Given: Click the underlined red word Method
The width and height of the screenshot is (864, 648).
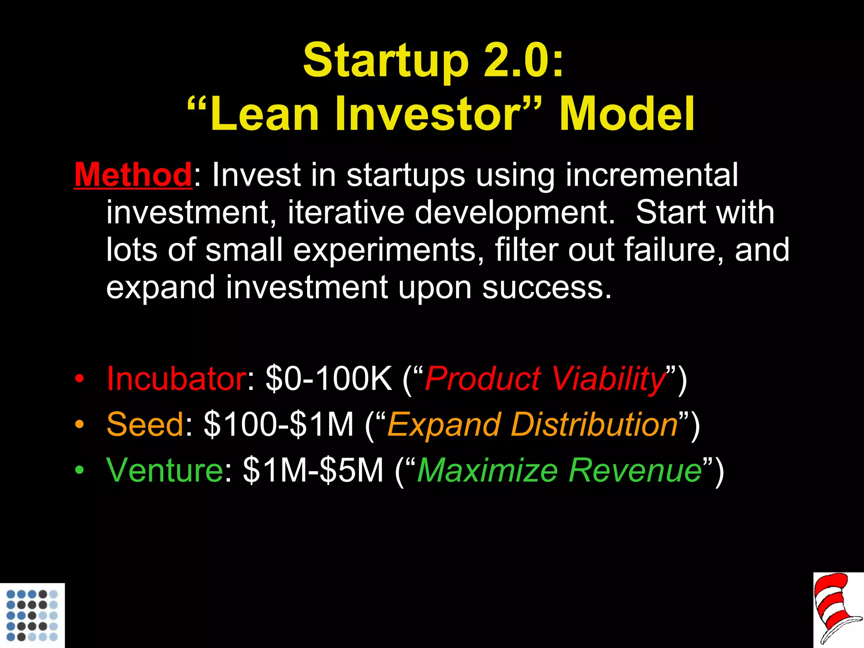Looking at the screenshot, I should click(133, 175).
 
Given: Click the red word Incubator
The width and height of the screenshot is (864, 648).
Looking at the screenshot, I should click(176, 378).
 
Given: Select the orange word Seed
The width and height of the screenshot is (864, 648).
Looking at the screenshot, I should click(145, 424).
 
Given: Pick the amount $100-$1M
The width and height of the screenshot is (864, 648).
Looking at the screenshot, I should click(278, 424).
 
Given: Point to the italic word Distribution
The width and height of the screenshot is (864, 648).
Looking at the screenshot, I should click(594, 424).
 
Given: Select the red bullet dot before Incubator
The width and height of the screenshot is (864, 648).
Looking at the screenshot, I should click(79, 378).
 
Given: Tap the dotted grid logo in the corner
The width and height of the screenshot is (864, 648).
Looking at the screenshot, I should click(32, 616).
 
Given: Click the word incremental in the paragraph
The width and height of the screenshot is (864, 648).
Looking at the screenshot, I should click(651, 175).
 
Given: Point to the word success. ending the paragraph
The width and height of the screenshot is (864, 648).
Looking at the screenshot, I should click(546, 288).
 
